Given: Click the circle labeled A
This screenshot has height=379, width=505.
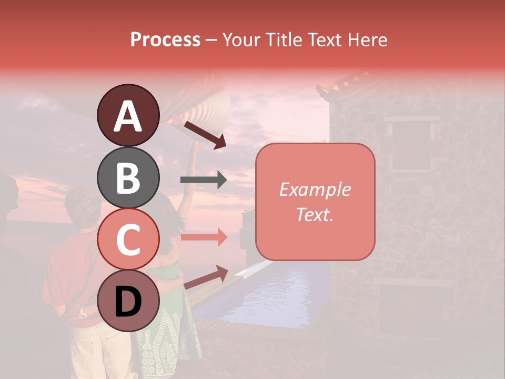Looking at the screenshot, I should tap(128, 115).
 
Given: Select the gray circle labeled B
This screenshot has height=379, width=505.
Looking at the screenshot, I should tap(128, 177).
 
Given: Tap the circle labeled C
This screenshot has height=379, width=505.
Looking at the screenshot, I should tap(128, 239).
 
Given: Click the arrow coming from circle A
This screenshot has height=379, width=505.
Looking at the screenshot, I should tap(205, 135).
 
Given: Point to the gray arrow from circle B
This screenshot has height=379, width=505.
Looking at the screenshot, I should tap(204, 181).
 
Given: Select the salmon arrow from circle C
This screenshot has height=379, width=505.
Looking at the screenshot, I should tap(204, 237).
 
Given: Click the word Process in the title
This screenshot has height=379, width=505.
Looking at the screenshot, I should tap(165, 39).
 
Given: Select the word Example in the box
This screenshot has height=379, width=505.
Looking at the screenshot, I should tap(315, 189).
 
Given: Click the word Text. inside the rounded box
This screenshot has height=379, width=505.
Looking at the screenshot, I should tap(315, 214).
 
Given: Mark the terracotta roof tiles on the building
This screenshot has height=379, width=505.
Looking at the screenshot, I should tap(347, 84).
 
